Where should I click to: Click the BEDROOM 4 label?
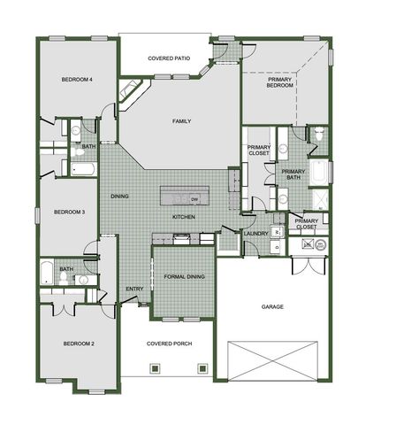[x=78, y=81]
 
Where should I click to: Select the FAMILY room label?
[x=182, y=121]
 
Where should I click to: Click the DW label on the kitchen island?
[x=193, y=198]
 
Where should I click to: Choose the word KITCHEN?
[x=183, y=217]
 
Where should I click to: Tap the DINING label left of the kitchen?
[x=119, y=196]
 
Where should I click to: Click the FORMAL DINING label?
[x=184, y=277]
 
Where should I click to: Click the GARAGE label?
[x=272, y=307]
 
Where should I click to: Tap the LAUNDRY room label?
[x=256, y=234]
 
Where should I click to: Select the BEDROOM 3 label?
[x=69, y=212]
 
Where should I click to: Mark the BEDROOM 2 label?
[x=78, y=343]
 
